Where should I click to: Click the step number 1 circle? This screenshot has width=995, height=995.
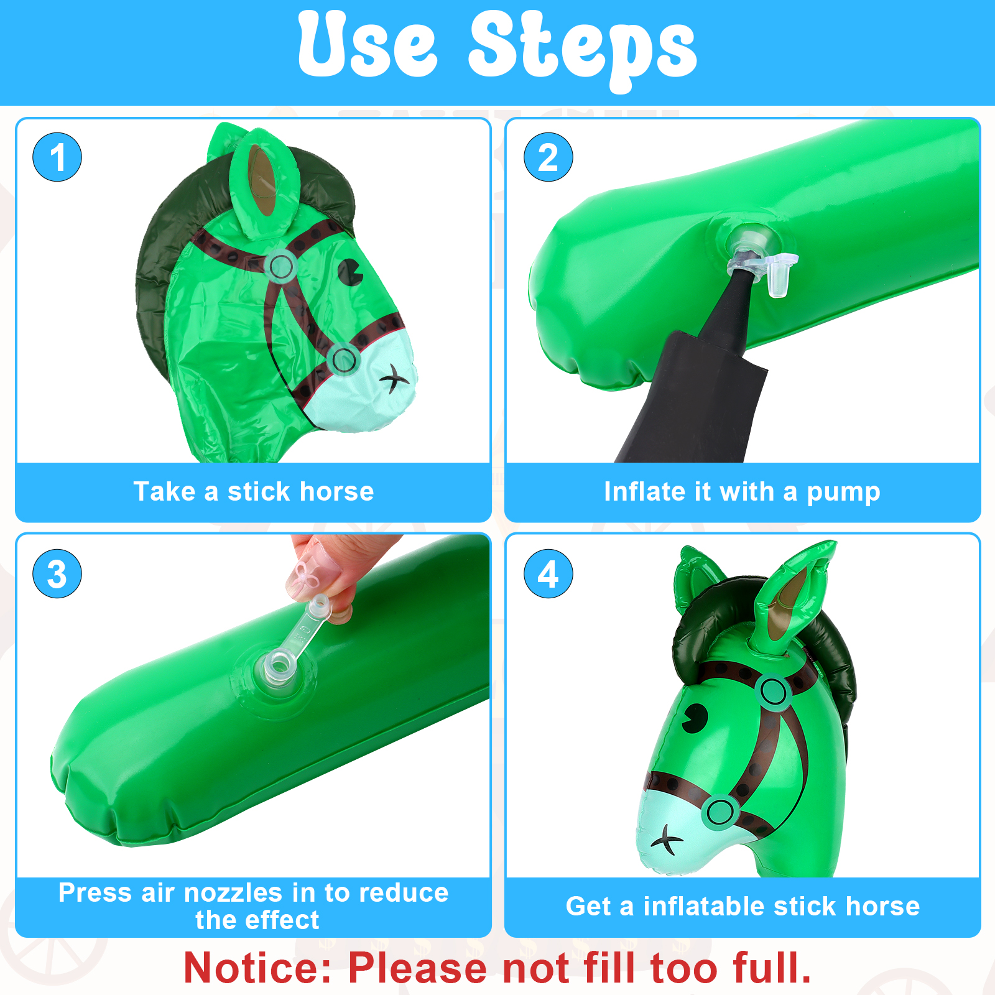[x=57, y=157]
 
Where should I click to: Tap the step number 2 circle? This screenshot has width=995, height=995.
[x=548, y=157]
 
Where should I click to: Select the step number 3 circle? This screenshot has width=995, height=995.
[x=57, y=573]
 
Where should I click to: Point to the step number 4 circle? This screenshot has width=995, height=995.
[x=548, y=573]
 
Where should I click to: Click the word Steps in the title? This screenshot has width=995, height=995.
[x=583, y=50]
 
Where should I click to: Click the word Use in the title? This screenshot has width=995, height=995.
[x=368, y=45]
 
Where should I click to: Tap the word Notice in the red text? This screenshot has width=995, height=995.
[x=259, y=968]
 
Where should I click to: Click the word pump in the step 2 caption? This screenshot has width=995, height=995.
[x=843, y=493]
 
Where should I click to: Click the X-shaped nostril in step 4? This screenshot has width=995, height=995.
[x=667, y=840]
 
